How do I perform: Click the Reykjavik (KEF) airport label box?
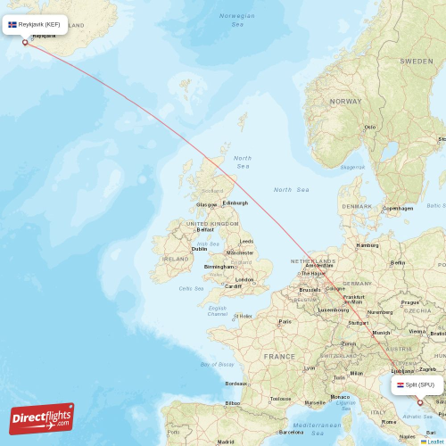pos(35,24)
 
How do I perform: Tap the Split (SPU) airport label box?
pos(417,384)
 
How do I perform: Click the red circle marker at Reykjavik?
pos(25,42)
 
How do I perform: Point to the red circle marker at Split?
pos(419,402)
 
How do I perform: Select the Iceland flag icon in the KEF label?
pos(12,24)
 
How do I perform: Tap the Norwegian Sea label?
pos(236,20)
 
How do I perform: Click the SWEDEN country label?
pos(416,61)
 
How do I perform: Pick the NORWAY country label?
pos(345,102)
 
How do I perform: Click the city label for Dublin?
pos(200,249)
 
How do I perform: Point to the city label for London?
pos(244,279)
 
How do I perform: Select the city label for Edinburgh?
pos(235,203)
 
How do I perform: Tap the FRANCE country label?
pos(279,356)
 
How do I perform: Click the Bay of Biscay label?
pos(217,364)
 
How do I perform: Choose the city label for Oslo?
pos(370,127)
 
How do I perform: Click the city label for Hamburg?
pos(368,245)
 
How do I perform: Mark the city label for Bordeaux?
pos(236,384)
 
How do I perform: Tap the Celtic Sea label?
pos(191,288)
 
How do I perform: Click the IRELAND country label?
pos(176,259)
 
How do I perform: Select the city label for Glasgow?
pos(207,204)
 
